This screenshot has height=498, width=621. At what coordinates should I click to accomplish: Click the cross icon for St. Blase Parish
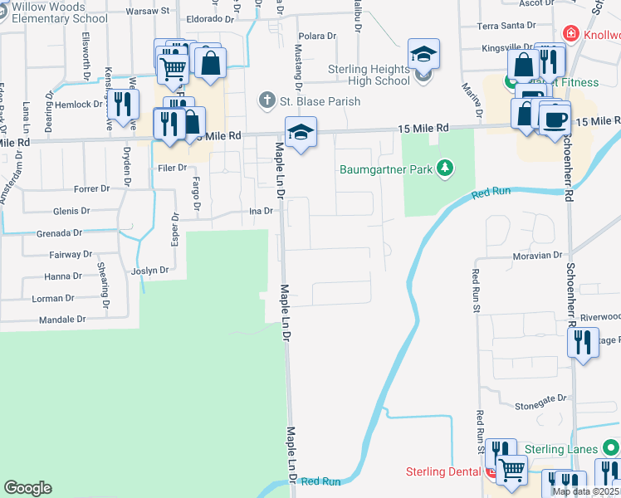(x=266, y=101)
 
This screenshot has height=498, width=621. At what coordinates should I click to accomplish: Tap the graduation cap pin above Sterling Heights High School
(x=423, y=56)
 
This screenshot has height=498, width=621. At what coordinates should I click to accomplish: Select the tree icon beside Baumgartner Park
(x=446, y=169)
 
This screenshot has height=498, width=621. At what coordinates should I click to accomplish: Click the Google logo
(x=28, y=488)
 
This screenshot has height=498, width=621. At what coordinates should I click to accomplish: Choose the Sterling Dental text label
(x=444, y=472)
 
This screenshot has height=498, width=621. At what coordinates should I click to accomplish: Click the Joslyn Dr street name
(x=149, y=271)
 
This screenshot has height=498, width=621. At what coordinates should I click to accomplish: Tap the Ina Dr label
(x=262, y=211)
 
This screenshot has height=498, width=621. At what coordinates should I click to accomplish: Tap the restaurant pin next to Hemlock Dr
(x=123, y=105)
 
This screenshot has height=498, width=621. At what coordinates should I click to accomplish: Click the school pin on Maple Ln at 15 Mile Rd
(x=301, y=131)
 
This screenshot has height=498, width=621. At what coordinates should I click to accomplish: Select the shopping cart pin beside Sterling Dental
(x=511, y=469)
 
